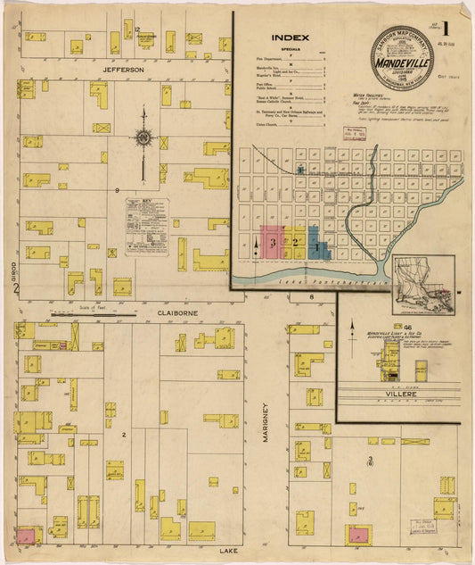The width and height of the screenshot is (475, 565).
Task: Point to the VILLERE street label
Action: tap(389, 391)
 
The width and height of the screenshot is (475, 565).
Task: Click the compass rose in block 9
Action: tap(143, 138)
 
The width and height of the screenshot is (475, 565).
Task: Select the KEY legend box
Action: tap(146, 227)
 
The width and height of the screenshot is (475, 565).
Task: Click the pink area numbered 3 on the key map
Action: tap(272, 243)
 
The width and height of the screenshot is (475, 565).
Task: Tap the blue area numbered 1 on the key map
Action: tap(318, 244)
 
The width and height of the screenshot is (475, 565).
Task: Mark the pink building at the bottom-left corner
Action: tap(28, 536)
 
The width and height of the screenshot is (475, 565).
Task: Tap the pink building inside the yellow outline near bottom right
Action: tap(360, 535)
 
